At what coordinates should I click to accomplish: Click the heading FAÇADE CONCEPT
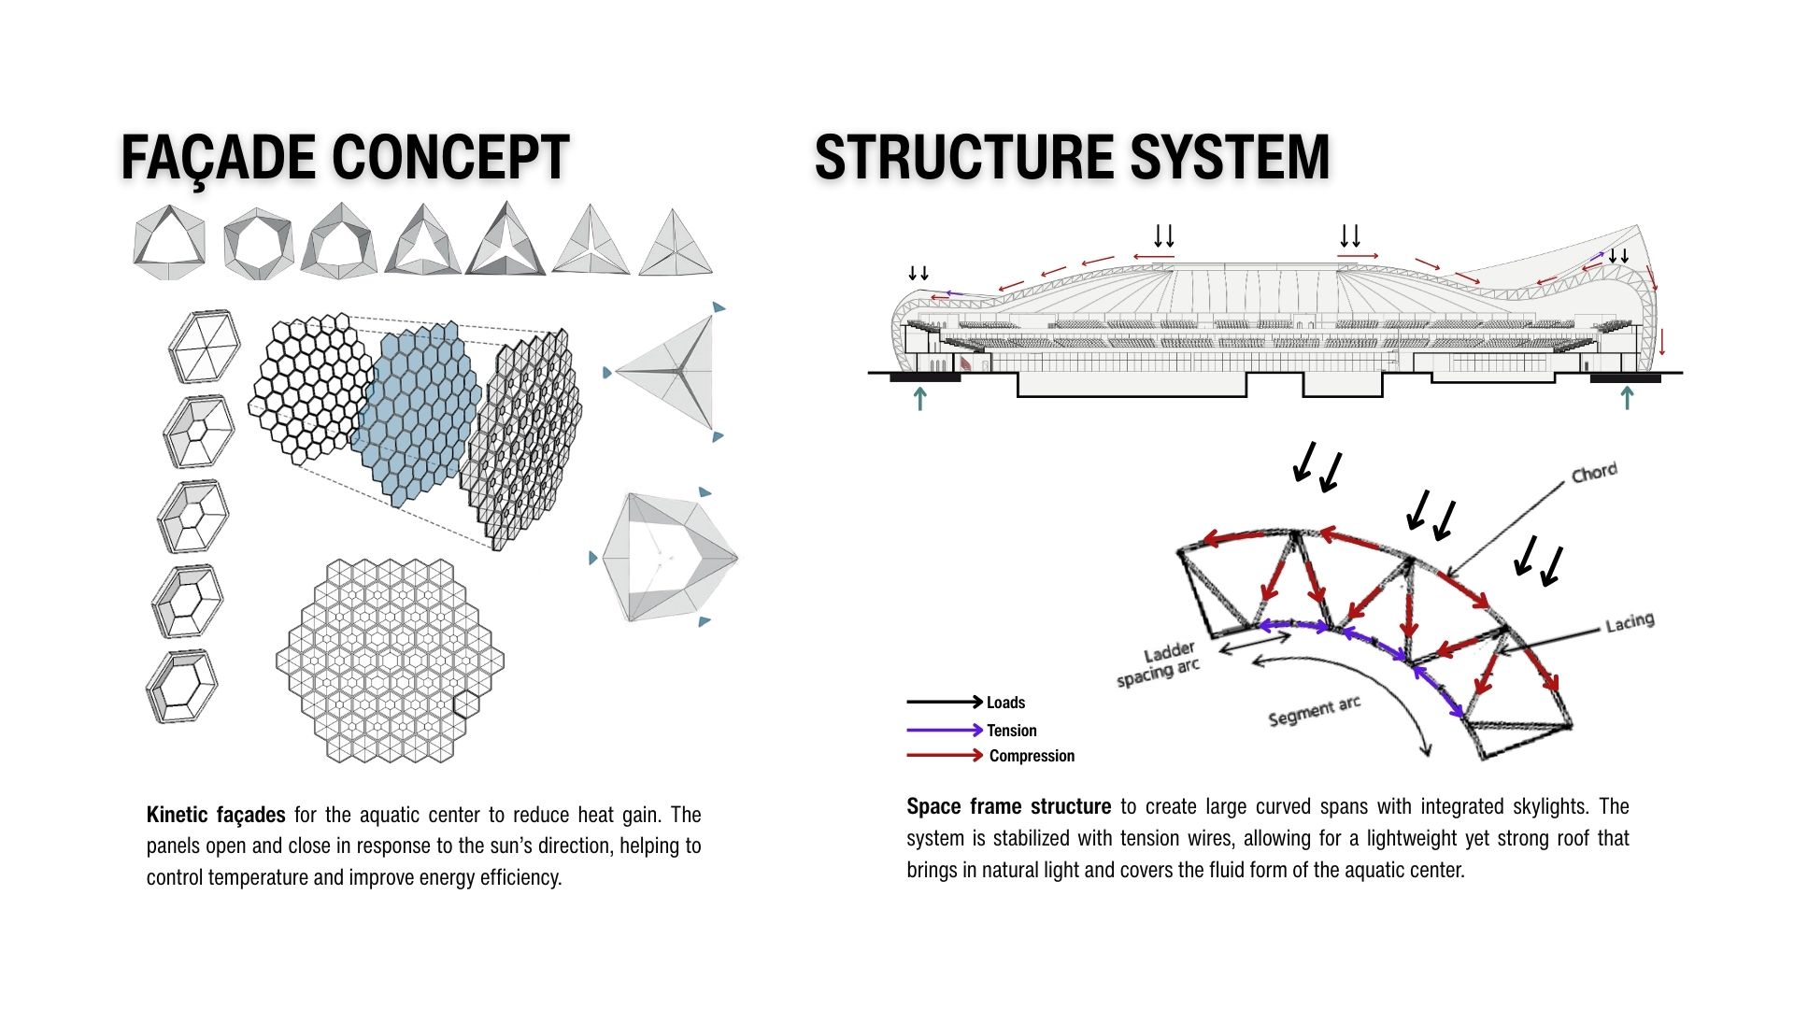[x=345, y=157]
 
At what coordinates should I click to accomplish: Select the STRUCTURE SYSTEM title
[x=1072, y=157]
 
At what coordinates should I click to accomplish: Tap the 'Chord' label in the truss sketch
[x=1594, y=473]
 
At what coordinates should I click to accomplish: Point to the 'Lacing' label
[x=1630, y=622]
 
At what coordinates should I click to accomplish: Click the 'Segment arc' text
[x=1314, y=711]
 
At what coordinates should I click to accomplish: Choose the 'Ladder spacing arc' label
[x=1158, y=664]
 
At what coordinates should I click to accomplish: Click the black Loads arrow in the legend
[x=945, y=702]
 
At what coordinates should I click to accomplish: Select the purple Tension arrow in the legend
[x=945, y=730]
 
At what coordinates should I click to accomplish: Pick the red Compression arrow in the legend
[x=945, y=755]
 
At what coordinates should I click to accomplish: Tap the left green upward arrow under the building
[x=920, y=398]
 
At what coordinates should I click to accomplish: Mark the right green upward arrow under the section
[x=1627, y=398]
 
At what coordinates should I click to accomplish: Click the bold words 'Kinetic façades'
[x=216, y=815]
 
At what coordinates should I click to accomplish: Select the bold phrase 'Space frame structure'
[x=1008, y=806]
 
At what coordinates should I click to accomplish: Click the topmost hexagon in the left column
[x=204, y=347]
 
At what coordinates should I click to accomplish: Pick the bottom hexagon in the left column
[x=182, y=687]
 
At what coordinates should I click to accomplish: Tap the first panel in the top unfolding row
[x=169, y=242]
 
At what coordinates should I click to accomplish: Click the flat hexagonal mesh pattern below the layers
[x=390, y=661]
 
